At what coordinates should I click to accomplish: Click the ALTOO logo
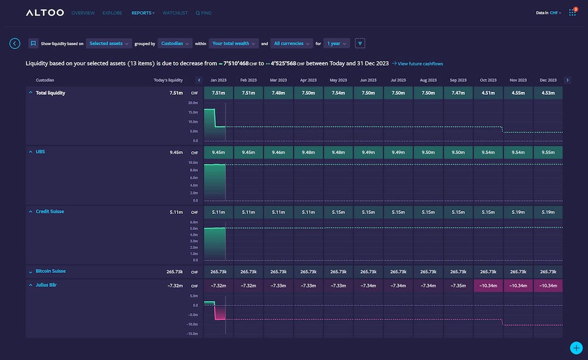(x=44, y=12)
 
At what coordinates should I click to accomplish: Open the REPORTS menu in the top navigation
(x=143, y=13)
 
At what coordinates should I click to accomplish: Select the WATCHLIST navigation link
(x=175, y=13)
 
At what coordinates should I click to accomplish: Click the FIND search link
(x=203, y=13)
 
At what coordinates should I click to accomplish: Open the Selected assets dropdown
(x=109, y=44)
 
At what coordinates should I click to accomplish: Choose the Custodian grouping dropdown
(x=175, y=44)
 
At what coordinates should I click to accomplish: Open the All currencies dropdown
(x=291, y=44)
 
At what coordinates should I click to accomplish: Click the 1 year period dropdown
(x=336, y=44)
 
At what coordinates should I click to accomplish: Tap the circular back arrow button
(x=15, y=44)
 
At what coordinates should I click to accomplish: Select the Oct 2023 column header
(x=488, y=80)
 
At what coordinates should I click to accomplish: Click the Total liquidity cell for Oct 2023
(x=488, y=93)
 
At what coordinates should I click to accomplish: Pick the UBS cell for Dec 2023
(x=547, y=152)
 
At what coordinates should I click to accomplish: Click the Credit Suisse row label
(x=50, y=211)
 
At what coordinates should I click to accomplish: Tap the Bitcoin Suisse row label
(x=51, y=271)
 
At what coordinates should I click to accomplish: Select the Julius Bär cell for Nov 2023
(x=518, y=285)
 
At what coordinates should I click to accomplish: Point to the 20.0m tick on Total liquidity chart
(x=193, y=102)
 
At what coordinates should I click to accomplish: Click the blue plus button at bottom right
(x=576, y=348)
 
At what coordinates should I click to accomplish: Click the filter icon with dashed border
(x=360, y=44)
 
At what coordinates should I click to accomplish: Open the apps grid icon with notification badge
(x=572, y=12)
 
